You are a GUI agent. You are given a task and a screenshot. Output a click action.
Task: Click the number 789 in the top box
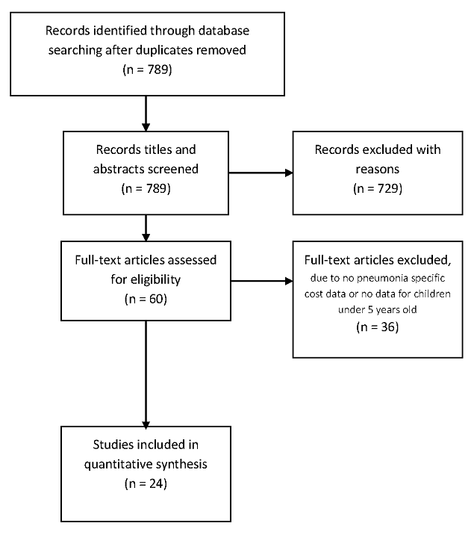click(158, 69)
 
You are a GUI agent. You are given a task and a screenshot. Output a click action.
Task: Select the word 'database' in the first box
click(224, 31)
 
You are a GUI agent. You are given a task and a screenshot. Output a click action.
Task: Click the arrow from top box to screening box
click(146, 114)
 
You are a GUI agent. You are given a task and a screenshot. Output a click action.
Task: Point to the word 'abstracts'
click(117, 169)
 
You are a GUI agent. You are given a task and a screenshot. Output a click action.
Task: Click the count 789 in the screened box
click(157, 189)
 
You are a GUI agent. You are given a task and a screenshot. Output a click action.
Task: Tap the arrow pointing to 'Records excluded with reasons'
click(261, 173)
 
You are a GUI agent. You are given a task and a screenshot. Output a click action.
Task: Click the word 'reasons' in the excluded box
click(378, 170)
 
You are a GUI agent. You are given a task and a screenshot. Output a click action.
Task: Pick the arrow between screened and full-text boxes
click(146, 228)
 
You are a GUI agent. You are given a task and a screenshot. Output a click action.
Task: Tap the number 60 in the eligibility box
click(156, 299)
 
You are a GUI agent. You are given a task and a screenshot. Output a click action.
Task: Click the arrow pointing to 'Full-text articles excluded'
click(262, 281)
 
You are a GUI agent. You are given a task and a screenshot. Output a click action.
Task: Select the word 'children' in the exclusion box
click(432, 294)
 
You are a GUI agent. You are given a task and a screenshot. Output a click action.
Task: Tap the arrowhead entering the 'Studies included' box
click(146, 424)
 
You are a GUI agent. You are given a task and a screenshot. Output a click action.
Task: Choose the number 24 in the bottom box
click(156, 483)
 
